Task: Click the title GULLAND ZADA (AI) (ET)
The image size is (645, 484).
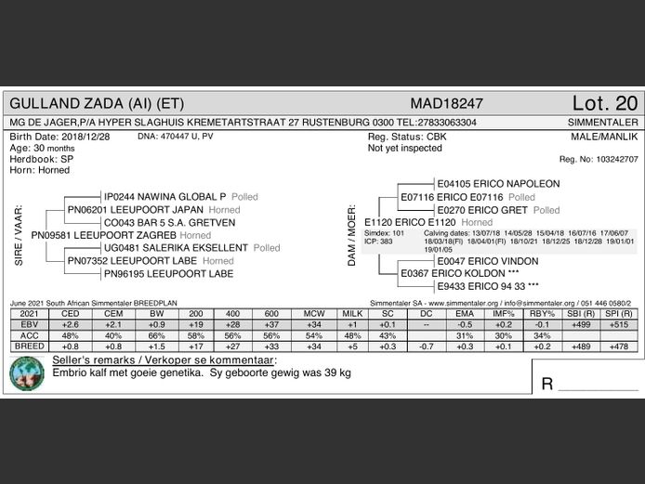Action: click(x=96, y=103)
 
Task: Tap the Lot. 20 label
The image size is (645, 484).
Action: click(x=605, y=103)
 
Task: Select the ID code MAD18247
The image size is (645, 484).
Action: click(x=446, y=103)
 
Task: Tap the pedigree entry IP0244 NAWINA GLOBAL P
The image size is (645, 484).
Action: click(x=165, y=198)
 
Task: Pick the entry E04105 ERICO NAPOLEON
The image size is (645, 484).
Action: click(x=498, y=184)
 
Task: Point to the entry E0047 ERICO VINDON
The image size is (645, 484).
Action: click(x=487, y=262)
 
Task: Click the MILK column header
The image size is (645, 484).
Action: click(x=352, y=313)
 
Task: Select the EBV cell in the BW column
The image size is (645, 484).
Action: click(x=157, y=324)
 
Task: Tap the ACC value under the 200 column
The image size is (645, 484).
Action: click(x=196, y=335)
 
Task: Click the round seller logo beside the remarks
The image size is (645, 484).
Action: click(x=27, y=373)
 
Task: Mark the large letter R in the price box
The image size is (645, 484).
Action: click(x=548, y=384)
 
